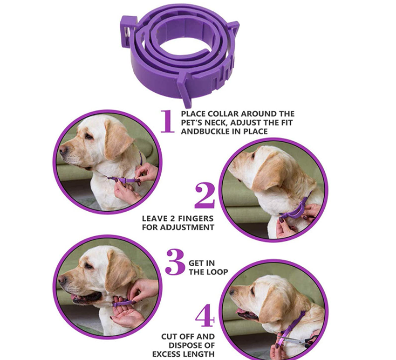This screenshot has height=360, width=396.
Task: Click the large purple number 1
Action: click(167, 121)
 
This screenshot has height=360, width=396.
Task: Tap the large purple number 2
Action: click(205, 195)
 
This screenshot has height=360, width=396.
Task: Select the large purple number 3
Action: click(175, 262)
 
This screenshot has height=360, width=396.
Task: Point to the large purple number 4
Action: click(205, 315)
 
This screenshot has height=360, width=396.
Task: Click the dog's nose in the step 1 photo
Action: click(63, 150)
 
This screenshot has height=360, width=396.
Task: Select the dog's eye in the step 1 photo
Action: click(88, 136)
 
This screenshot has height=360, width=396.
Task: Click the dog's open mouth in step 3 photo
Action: click(86, 297)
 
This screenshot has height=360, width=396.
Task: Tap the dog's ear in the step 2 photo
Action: click(268, 171)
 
